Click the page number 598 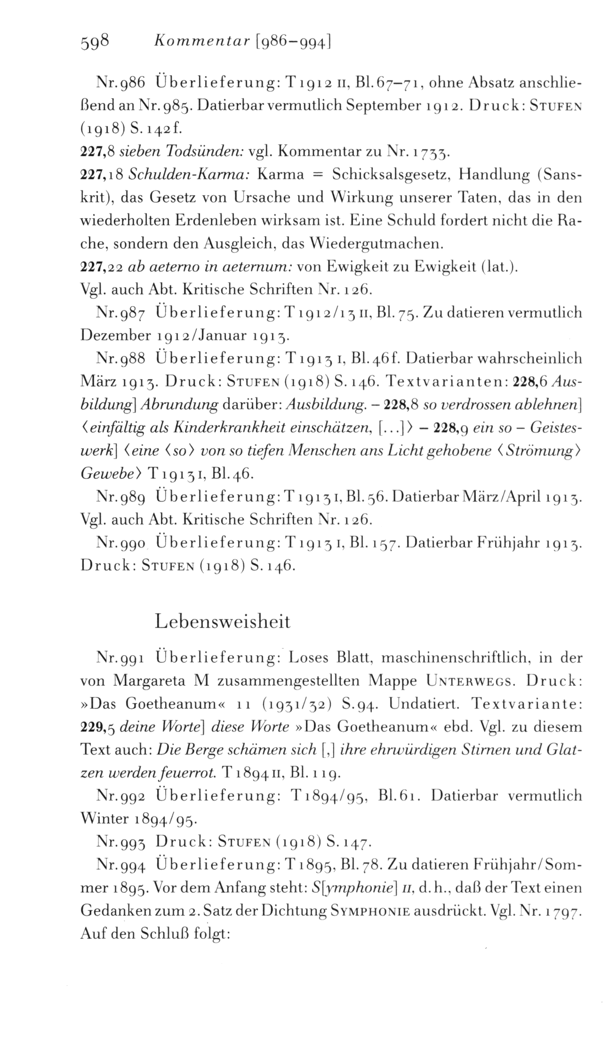tap(95, 43)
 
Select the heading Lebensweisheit tap(222, 621)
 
